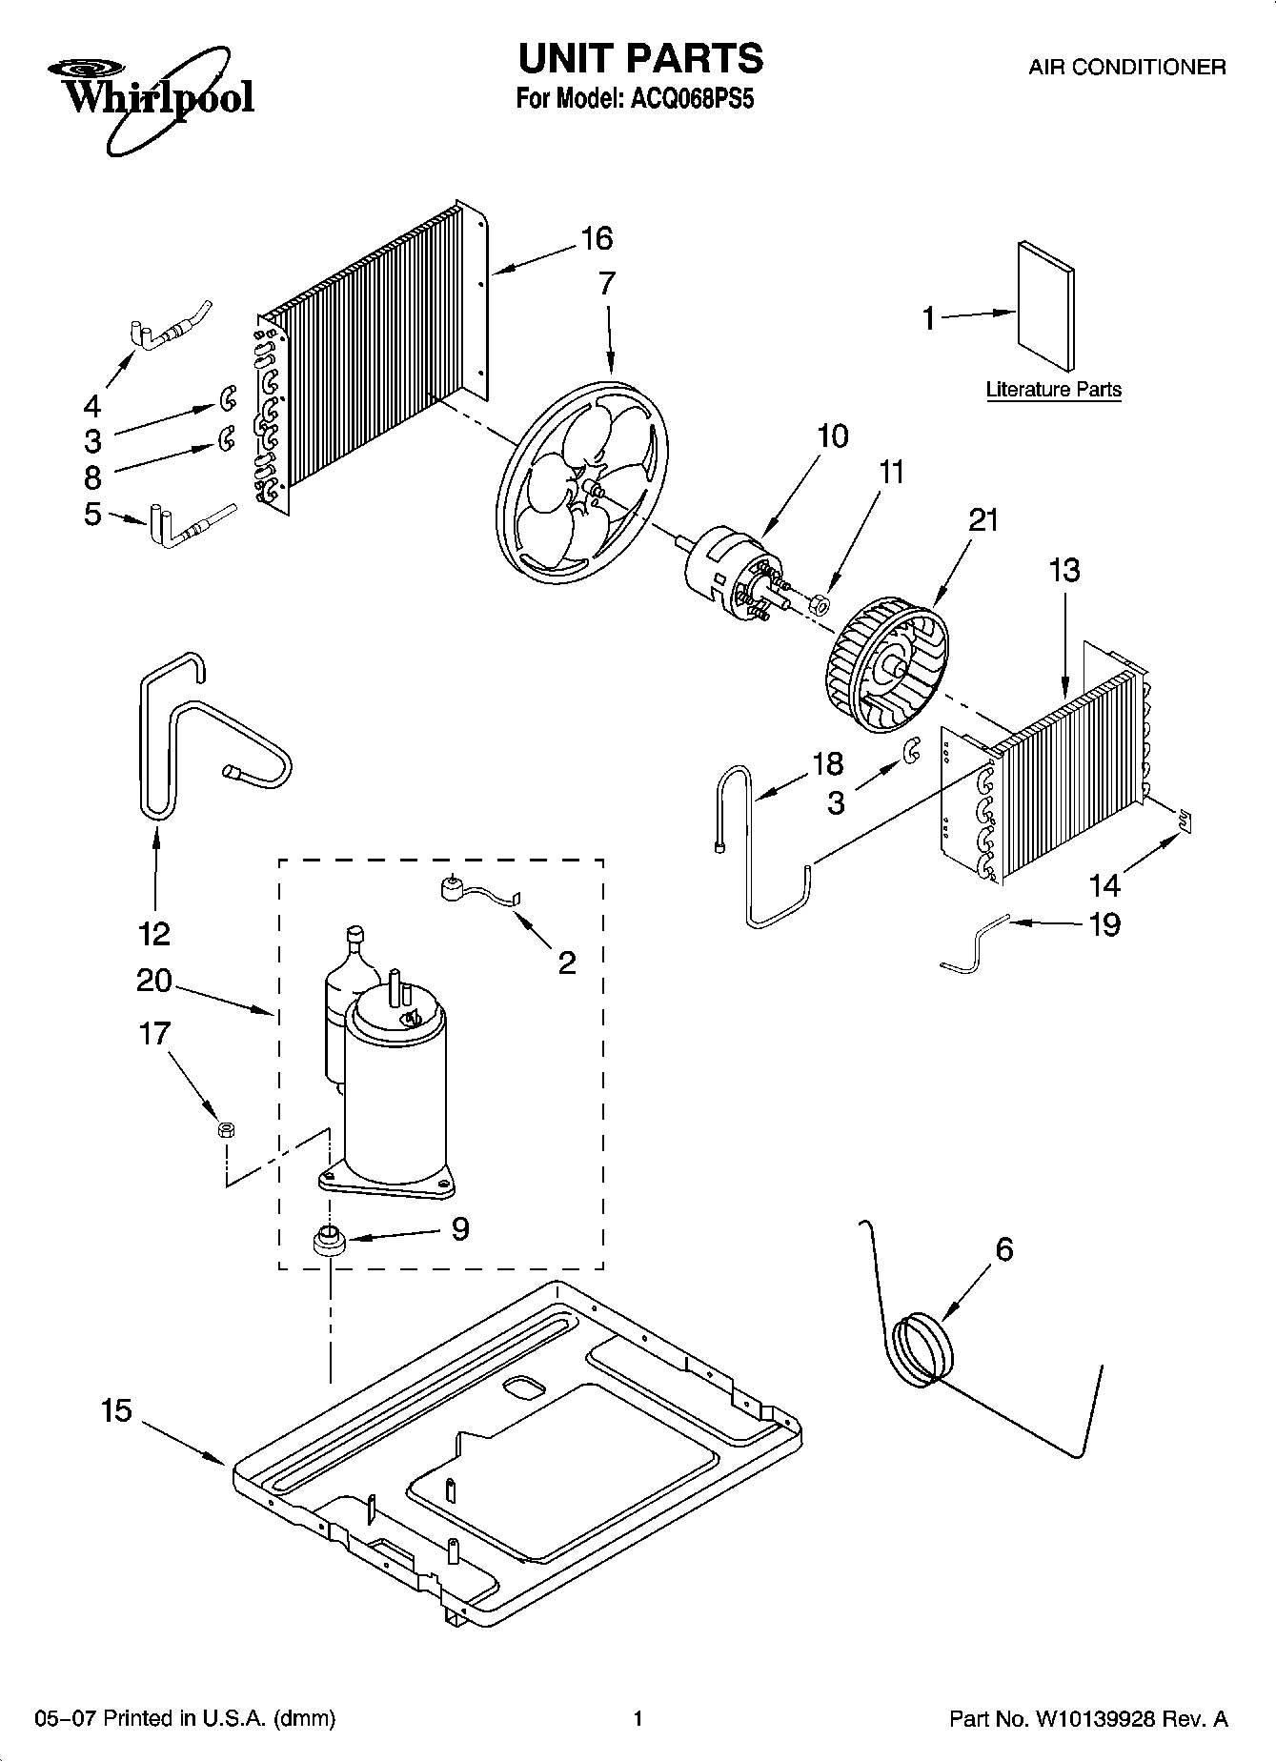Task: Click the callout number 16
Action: [x=597, y=238]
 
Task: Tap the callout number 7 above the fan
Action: [x=607, y=284]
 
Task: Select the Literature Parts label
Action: [x=1053, y=389]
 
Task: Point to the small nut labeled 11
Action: [x=819, y=603]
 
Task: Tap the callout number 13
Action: [x=1064, y=570]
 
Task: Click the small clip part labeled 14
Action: [x=1185, y=820]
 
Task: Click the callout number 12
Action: [x=154, y=932]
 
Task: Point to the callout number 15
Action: [x=116, y=1410]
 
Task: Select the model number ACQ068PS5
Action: [x=692, y=98]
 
